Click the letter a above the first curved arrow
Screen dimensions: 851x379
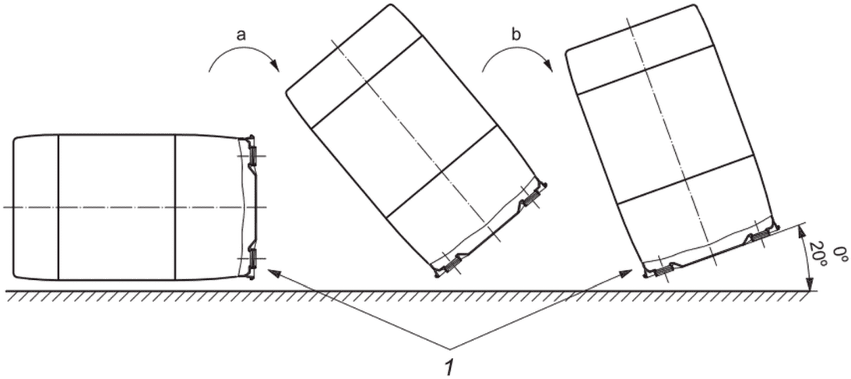[243, 35]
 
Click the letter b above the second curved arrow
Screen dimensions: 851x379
[516, 35]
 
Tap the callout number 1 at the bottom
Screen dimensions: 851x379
[448, 368]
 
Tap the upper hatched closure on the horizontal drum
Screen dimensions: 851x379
[253, 156]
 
